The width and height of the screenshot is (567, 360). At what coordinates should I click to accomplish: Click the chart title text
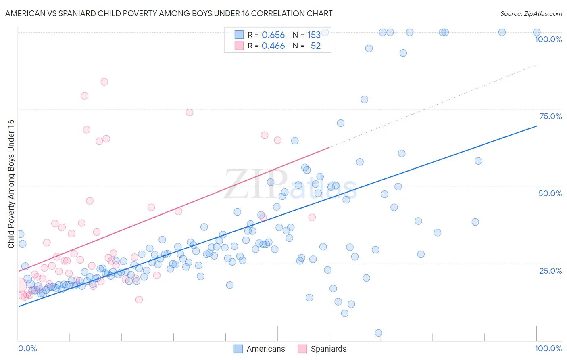coord(169,13)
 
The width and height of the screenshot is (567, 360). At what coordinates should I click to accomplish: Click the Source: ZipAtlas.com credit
coord(531,13)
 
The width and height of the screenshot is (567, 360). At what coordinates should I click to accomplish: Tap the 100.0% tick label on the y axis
coord(548,39)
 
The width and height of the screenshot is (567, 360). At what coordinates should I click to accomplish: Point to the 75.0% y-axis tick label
coord(550,116)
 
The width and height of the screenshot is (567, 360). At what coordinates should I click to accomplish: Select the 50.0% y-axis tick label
coord(550,193)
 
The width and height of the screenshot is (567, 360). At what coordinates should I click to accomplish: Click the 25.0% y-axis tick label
coord(550,270)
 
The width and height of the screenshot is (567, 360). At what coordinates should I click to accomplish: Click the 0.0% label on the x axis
coord(27,348)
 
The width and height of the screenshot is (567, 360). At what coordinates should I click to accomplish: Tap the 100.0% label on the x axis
coord(548,348)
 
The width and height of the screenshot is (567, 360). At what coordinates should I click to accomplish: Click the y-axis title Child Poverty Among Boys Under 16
coord(11,184)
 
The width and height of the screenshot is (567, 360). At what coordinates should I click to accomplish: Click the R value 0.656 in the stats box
coord(273,35)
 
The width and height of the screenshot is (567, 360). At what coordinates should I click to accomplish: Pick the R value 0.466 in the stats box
coord(273,46)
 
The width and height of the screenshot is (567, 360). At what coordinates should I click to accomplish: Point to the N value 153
coord(314,35)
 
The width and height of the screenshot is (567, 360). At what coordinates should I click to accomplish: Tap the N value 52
coord(315,46)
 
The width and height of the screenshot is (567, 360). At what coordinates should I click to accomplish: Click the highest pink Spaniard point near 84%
coord(104,82)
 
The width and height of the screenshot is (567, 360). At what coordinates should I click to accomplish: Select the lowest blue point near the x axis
coord(378,333)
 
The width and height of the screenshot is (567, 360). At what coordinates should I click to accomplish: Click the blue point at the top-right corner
coord(537,32)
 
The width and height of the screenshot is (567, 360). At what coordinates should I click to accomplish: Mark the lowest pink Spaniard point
coord(139,299)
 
